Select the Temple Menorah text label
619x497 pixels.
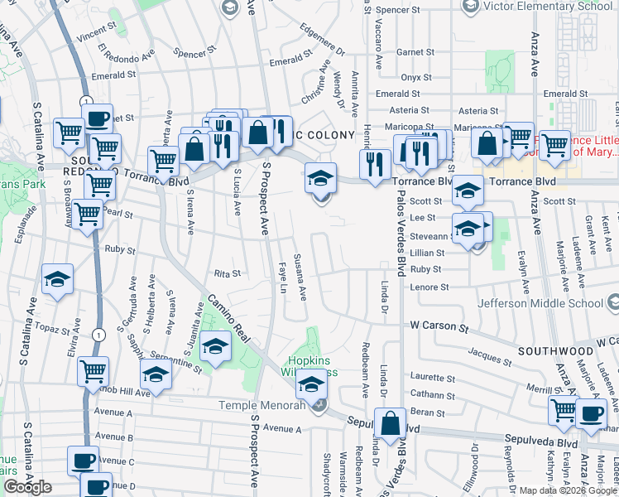[x=265, y=405]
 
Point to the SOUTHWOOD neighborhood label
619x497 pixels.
[x=555, y=351]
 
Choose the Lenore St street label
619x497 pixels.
[x=429, y=287]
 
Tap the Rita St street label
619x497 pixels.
[x=227, y=273]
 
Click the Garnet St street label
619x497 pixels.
[x=410, y=51]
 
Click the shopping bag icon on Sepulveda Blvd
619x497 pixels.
[x=390, y=423]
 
